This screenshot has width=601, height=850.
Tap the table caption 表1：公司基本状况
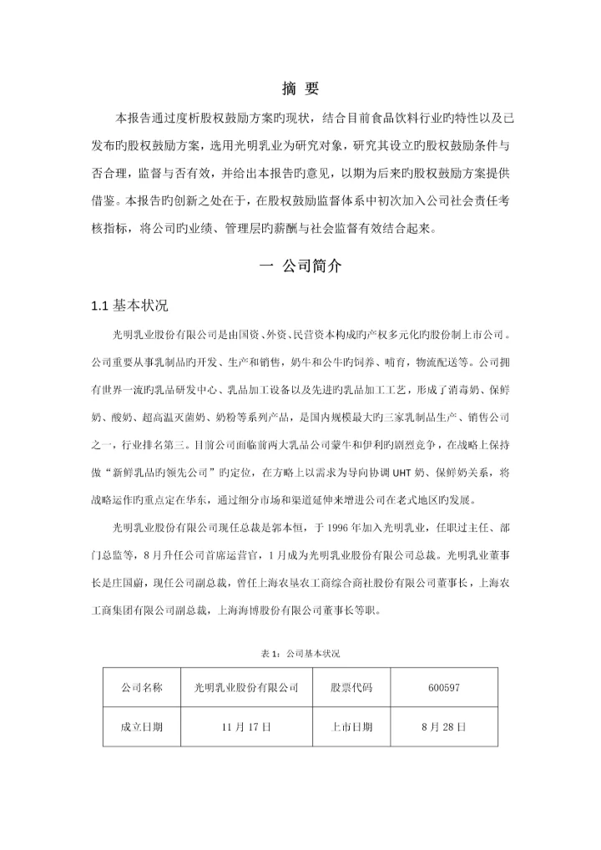click(x=300, y=652)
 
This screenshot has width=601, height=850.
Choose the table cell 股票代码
click(x=351, y=688)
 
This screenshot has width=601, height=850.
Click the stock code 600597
click(x=442, y=688)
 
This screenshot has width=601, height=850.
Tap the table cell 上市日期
click(x=351, y=726)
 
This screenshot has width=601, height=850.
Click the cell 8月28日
click(x=442, y=726)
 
